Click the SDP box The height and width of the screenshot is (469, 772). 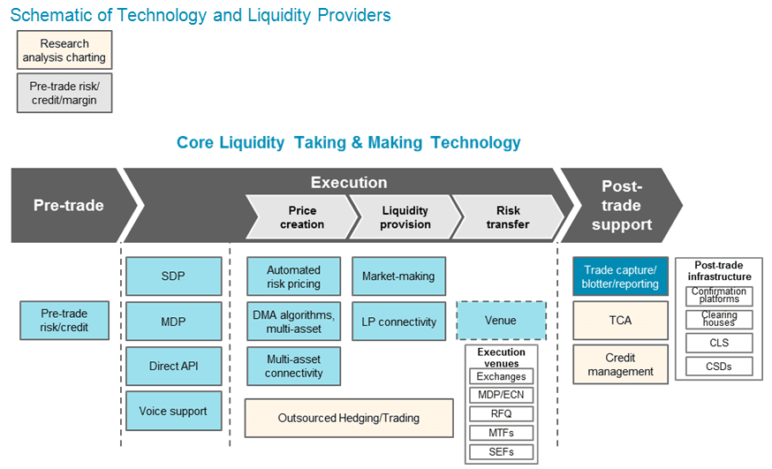173,276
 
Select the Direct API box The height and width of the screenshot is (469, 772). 173,366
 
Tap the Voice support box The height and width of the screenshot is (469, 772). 173,411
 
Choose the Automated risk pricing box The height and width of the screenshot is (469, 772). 293,277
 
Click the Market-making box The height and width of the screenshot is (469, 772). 398,276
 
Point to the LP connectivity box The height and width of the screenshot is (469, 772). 398,322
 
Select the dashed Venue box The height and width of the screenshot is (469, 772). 501,321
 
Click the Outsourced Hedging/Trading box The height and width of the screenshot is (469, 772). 348,418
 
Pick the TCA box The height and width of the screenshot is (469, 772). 620,321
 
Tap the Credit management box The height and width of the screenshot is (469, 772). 620,365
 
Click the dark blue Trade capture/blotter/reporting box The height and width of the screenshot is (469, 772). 620,276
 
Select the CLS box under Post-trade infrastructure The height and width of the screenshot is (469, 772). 718,343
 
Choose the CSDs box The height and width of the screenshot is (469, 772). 718,366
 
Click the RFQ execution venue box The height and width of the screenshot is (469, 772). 501,413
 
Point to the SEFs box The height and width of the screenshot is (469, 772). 501,451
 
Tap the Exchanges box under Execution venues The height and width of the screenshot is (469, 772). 501,376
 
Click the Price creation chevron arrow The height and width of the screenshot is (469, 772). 301,217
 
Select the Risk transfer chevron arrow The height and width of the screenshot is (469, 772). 507,217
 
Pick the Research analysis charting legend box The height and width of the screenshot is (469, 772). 64,50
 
